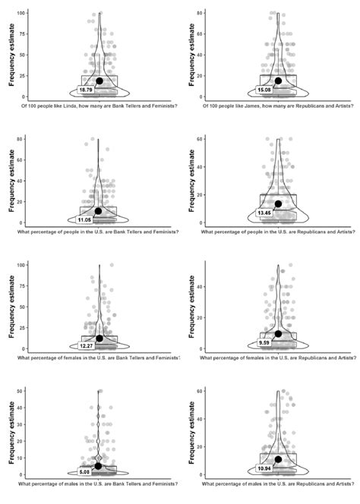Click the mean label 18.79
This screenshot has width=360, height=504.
click(x=86, y=90)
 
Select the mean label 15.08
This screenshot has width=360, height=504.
click(x=265, y=90)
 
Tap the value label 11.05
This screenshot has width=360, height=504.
click(x=85, y=219)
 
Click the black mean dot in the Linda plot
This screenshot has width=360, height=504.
click(x=99, y=81)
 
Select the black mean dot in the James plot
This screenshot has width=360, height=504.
click(x=279, y=81)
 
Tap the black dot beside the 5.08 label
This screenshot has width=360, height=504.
click(x=98, y=466)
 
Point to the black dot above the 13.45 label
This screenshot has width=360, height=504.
click(x=279, y=203)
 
